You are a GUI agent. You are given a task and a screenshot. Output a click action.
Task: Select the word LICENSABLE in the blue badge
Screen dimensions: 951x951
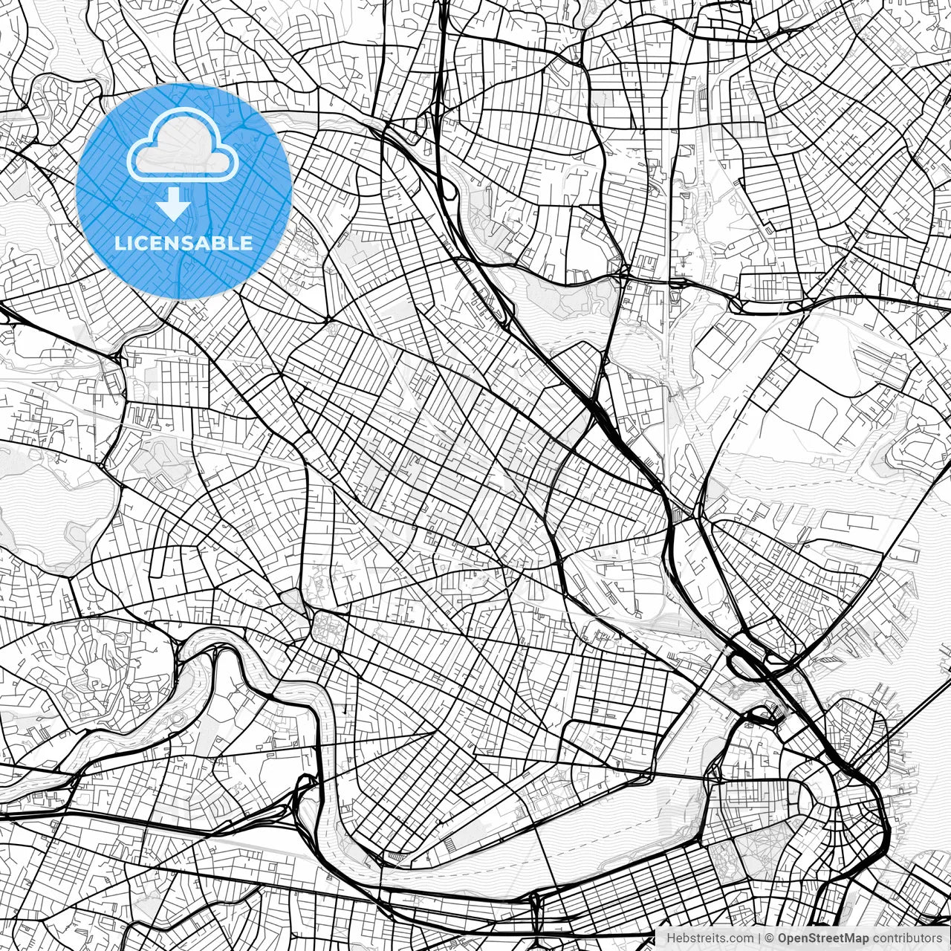coord(183,243)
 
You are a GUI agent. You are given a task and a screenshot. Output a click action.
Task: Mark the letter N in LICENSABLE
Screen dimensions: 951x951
coord(171,243)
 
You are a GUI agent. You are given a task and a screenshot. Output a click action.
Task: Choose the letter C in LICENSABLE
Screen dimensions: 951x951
coord(138,243)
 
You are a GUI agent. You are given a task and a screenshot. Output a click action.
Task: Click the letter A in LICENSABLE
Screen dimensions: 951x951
coord(205,243)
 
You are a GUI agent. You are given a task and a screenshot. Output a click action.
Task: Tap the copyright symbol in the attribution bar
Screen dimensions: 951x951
coord(770,938)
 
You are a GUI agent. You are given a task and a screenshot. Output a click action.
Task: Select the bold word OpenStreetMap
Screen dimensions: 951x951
coord(822,938)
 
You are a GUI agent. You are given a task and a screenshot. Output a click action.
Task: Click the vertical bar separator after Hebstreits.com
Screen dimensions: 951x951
coord(759,938)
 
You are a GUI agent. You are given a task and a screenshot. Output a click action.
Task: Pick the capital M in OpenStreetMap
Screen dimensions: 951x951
coord(848,938)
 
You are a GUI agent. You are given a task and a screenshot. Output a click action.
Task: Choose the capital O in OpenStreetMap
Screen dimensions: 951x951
coord(783,938)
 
